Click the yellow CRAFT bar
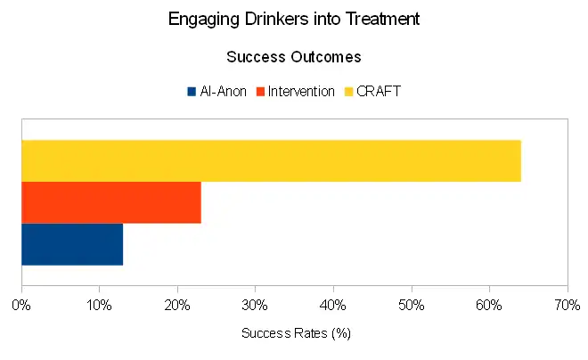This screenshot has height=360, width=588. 271,160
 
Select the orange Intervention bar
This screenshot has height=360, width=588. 111,202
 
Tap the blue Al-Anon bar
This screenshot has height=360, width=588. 72,244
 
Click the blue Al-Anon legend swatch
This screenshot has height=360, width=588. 192,91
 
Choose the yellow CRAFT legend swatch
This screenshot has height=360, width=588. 348,91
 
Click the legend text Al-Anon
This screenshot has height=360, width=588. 224,91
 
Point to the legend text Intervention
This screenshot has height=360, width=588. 302,91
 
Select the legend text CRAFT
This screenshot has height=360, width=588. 379,91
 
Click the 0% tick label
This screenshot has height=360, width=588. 21,304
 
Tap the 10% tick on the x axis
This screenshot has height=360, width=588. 99,304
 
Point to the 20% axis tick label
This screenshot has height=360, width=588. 177,304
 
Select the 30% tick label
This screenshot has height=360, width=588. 255,304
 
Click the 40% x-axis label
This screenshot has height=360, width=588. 333,304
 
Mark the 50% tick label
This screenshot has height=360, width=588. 411,304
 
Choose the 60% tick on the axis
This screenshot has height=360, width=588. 489,304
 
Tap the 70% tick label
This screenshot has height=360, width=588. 567,304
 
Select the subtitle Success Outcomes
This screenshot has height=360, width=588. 294,57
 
